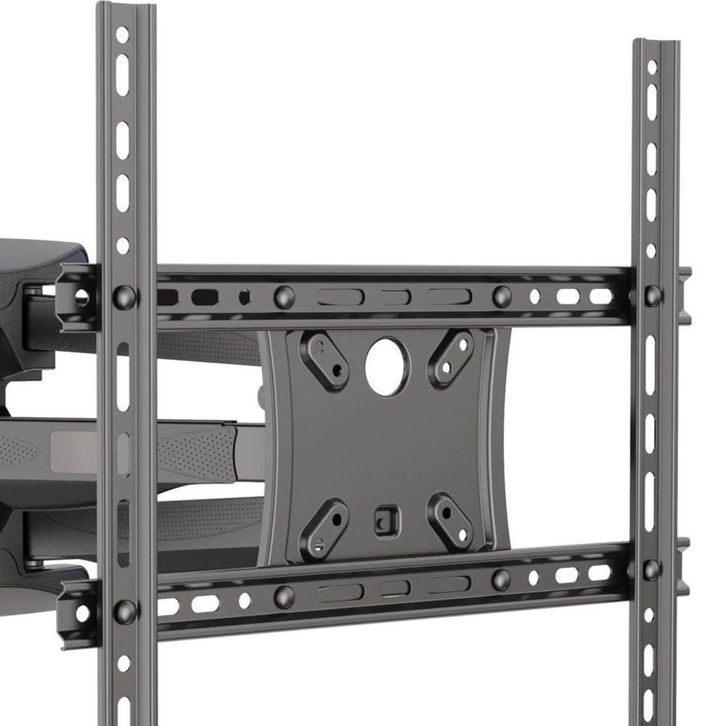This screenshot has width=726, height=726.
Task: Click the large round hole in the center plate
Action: point(387,367)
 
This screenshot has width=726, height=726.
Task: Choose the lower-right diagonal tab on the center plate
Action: point(449,523)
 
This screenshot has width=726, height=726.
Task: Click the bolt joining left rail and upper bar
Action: point(124,296)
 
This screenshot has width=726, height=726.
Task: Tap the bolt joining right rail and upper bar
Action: point(653,295)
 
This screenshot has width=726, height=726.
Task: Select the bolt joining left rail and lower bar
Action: point(124,611)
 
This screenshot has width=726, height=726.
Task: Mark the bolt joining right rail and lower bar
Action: point(651,569)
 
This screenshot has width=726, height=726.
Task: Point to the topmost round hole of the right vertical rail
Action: point(652,66)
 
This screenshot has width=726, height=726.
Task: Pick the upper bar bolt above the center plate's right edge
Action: point(501,296)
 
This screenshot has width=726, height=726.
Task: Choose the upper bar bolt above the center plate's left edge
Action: point(284,296)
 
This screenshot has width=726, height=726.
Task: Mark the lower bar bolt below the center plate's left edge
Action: point(284,597)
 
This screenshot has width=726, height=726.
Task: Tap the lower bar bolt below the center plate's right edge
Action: point(501,579)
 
